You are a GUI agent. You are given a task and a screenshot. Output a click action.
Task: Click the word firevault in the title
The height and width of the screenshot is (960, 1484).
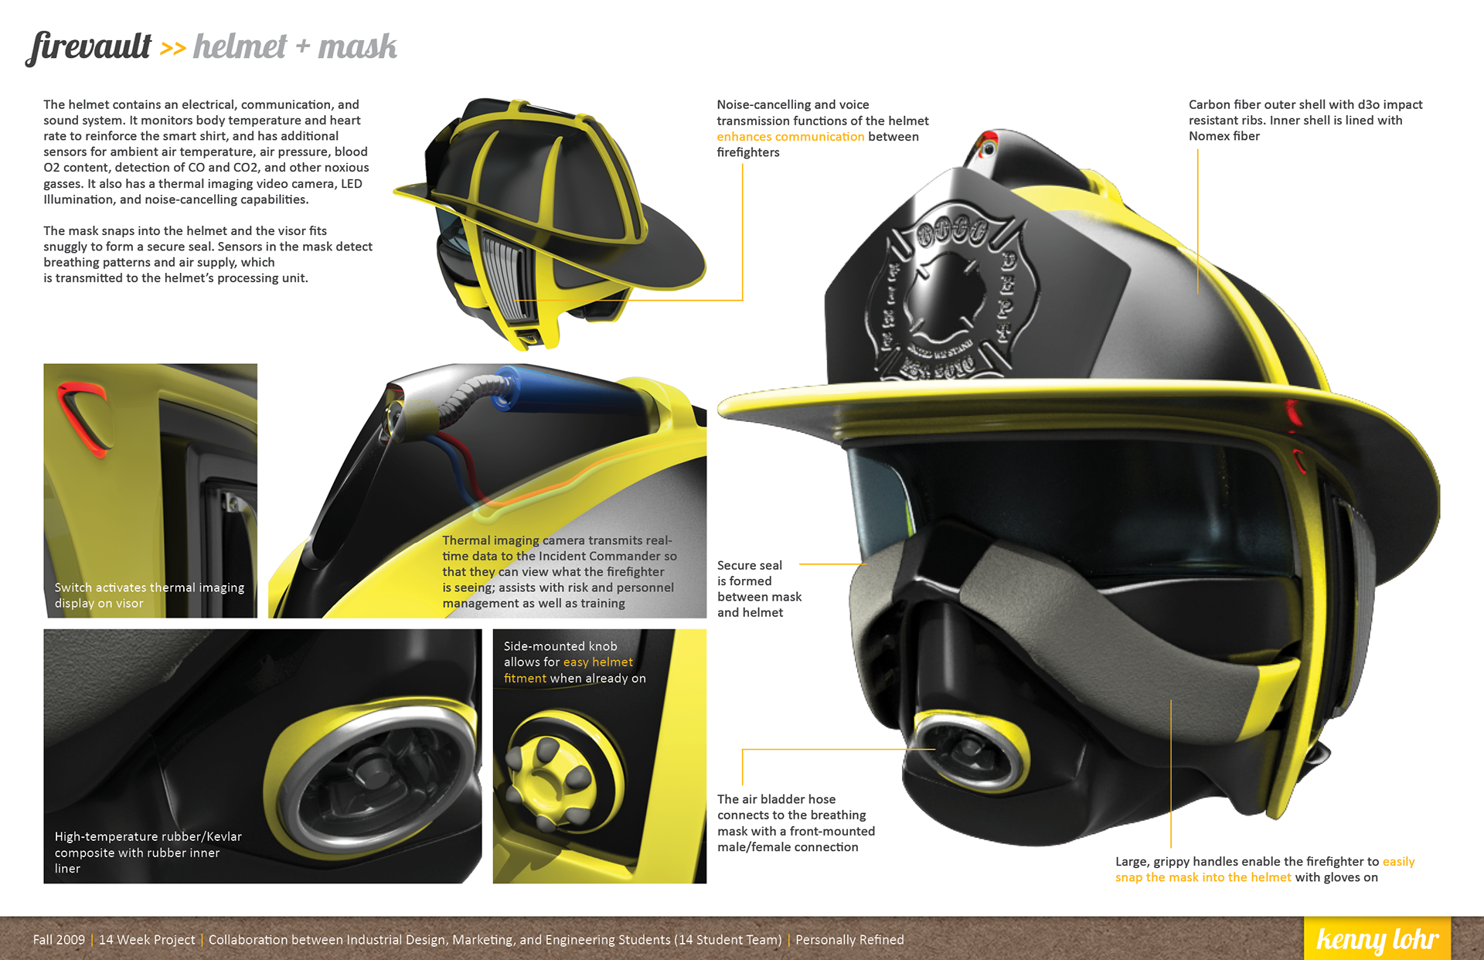(x=90, y=47)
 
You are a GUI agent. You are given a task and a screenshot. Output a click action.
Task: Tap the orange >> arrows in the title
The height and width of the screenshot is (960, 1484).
(x=173, y=49)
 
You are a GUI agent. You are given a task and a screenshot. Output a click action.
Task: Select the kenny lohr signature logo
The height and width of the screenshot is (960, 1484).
(x=1377, y=939)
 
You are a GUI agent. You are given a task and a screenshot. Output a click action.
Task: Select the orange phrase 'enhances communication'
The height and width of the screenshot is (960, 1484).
(x=790, y=137)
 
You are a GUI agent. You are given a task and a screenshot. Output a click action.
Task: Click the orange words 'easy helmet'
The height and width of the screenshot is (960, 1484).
(x=597, y=662)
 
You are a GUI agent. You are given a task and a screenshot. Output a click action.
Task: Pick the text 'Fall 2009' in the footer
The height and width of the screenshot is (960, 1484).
(x=59, y=940)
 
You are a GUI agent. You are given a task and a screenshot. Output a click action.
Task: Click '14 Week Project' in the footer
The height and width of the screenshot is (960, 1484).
(x=147, y=940)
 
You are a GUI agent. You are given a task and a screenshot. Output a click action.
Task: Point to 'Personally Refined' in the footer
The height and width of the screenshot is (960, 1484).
(x=849, y=940)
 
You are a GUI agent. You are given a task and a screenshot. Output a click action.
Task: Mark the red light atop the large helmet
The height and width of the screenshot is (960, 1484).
(x=987, y=143)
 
